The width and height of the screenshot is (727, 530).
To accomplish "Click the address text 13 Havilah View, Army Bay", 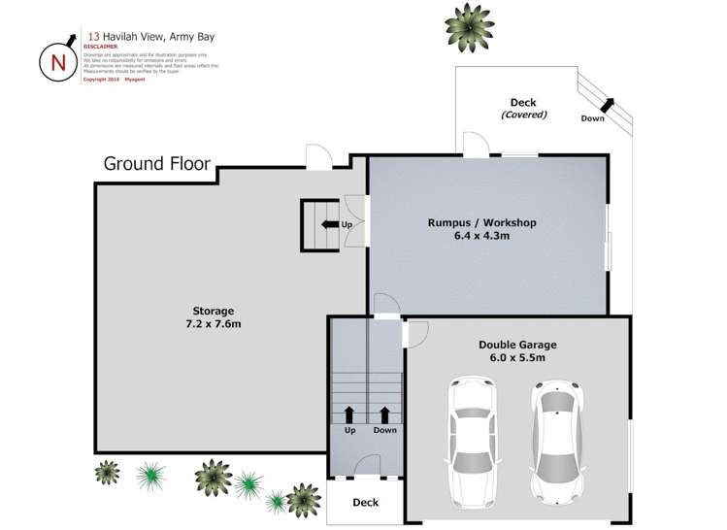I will pyautogui.click(x=151, y=37).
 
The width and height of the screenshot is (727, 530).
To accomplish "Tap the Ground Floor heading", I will pyautogui.click(x=156, y=164).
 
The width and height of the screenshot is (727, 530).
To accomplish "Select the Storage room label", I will pyautogui.click(x=212, y=311).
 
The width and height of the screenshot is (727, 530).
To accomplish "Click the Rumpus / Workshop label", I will pyautogui.click(x=482, y=222).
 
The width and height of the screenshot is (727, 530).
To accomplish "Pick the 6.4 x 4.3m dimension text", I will pyautogui.click(x=482, y=236).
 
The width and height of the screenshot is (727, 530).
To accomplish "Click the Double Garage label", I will pyautogui.click(x=517, y=344).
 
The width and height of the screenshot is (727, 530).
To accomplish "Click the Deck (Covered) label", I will pyautogui.click(x=524, y=108).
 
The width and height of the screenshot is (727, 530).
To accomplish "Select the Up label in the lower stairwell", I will pyautogui.click(x=349, y=430).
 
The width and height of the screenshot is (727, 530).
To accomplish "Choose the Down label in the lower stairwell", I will pyautogui.click(x=385, y=430).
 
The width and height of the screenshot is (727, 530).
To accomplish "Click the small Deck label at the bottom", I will pyautogui.click(x=365, y=502).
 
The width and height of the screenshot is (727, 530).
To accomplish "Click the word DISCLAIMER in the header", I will pyautogui.click(x=102, y=46).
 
